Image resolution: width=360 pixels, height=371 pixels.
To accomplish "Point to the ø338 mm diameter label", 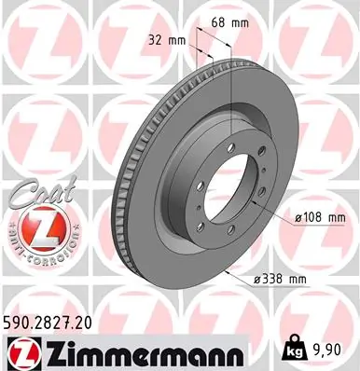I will (x=279, y=279).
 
